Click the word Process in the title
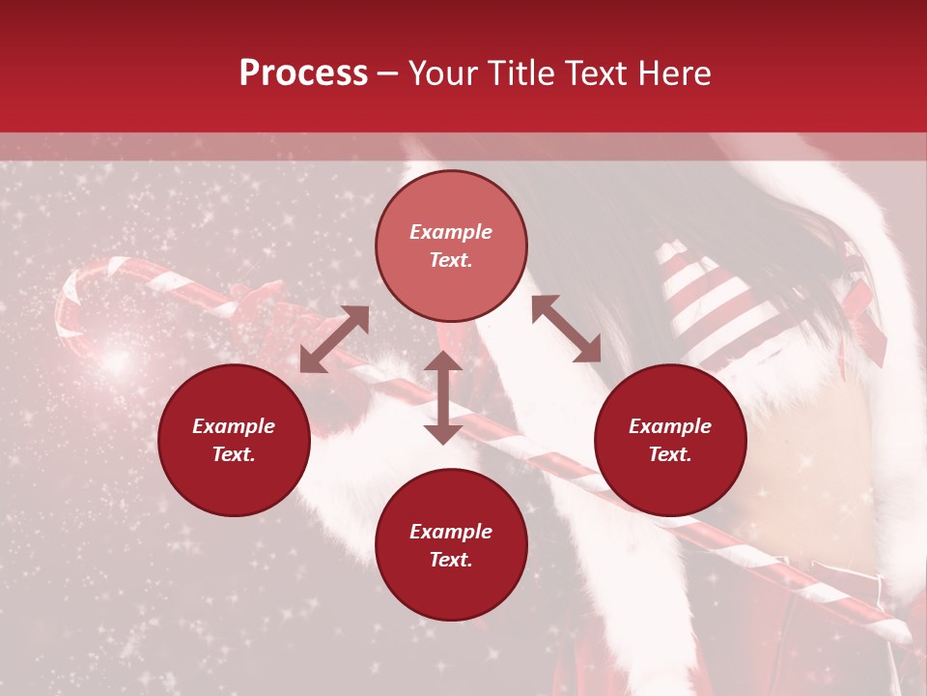click(303, 73)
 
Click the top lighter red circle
click(451, 246)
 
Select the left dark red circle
click(234, 440)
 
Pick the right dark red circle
click(670, 440)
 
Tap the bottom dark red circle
click(451, 545)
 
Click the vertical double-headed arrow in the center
click(443, 397)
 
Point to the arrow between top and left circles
click(334, 339)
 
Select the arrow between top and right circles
click(566, 329)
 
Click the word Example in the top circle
click(451, 232)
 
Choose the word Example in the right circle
click(670, 426)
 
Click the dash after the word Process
click(387, 74)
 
